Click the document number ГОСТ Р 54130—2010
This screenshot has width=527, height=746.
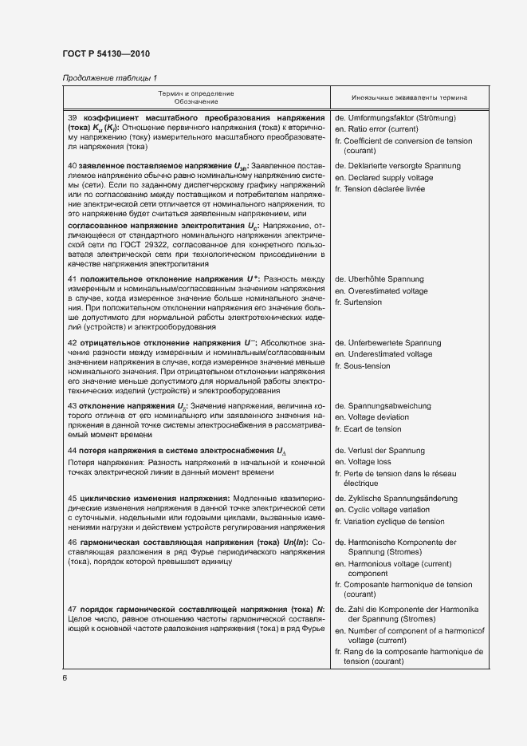click(108, 54)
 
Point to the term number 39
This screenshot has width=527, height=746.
click(72, 117)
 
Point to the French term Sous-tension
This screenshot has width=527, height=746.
click(368, 365)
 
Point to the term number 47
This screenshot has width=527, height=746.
click(72, 609)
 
